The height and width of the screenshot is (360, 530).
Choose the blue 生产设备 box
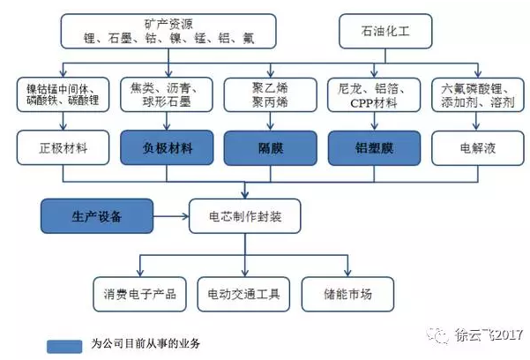[97, 214]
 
